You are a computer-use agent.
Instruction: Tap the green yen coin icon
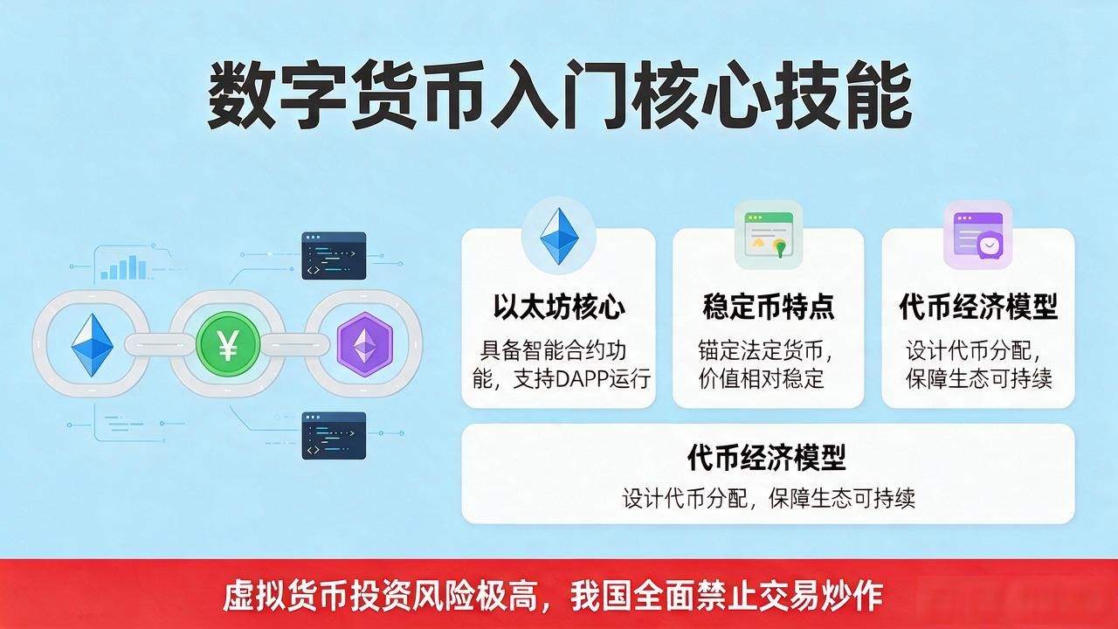tap(228, 344)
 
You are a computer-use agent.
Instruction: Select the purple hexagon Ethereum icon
tap(365, 344)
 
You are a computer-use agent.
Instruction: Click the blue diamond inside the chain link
tap(93, 345)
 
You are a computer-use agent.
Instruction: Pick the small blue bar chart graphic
tap(123, 267)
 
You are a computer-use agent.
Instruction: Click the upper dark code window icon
tap(334, 256)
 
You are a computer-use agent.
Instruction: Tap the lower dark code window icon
tap(334, 435)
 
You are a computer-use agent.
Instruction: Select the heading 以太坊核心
tap(559, 307)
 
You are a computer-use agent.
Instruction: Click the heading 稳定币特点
tap(769, 307)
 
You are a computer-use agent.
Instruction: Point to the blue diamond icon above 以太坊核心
tap(559, 236)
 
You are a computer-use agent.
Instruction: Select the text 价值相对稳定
tap(761, 378)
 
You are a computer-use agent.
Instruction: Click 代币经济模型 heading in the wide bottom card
tap(767, 457)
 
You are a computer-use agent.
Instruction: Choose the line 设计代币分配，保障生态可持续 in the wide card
tap(769, 498)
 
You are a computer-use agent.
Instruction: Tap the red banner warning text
tap(553, 596)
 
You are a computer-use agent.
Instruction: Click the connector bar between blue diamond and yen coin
tap(159, 344)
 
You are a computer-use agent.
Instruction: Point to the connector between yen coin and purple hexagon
tap(295, 344)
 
